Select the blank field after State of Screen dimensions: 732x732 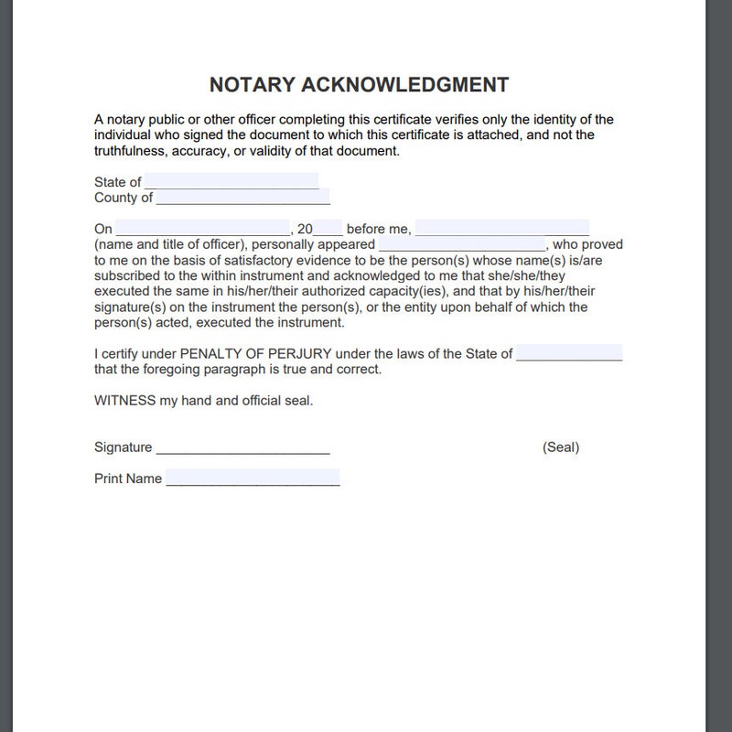click(231, 181)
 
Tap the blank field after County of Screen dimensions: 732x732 click(242, 197)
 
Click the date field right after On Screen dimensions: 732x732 click(202, 229)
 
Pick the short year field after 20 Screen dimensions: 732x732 click(328, 229)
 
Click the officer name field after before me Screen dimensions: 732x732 click(501, 229)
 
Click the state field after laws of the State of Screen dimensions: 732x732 click(569, 353)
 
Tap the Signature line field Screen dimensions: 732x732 click(242, 447)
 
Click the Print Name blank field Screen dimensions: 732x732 click(253, 479)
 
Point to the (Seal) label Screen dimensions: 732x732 click(561, 447)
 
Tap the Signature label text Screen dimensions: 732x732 click(123, 447)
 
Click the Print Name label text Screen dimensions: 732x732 click(128, 479)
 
